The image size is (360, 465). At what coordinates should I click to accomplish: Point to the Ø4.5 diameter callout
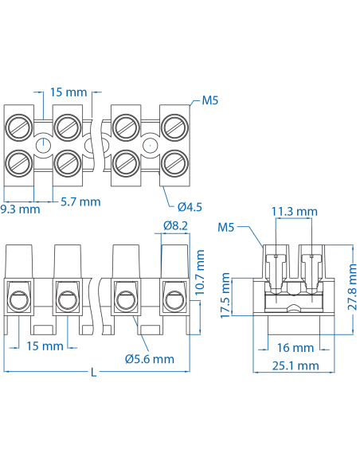pos(190,207)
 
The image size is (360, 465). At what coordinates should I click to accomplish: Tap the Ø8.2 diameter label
pos(174,226)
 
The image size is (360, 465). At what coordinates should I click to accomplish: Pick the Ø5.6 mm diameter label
pos(150,359)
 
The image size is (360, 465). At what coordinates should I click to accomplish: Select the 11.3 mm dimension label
pos(294,212)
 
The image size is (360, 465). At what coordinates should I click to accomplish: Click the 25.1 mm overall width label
pos(294,365)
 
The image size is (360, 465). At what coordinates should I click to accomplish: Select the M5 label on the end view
pos(227,229)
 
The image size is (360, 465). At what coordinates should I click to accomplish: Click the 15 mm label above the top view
pos(68,92)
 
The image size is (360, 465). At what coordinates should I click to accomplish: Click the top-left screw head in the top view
pos(18,125)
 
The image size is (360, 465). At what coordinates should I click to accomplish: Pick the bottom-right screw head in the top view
pos(172,162)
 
